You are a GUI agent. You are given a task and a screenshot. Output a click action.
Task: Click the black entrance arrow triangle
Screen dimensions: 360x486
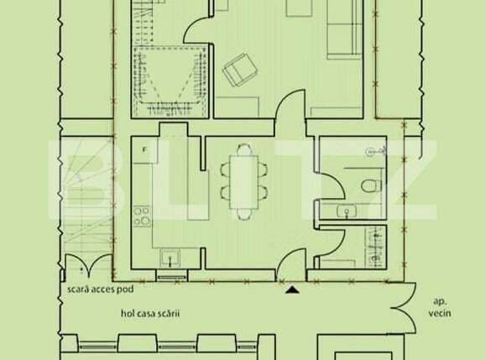(x=292, y=290)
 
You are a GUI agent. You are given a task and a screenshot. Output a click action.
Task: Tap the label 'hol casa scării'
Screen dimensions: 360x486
(x=151, y=313)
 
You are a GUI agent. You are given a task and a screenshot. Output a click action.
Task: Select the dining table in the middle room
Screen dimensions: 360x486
(x=243, y=179)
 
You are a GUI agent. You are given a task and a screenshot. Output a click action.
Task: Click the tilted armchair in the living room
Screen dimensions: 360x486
(x=238, y=71)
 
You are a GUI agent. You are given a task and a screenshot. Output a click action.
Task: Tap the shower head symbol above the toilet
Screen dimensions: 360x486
(x=375, y=151)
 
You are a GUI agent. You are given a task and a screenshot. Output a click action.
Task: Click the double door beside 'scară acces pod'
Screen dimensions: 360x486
(x=83, y=265)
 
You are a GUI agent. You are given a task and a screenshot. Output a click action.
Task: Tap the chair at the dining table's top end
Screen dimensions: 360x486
(x=243, y=149)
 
